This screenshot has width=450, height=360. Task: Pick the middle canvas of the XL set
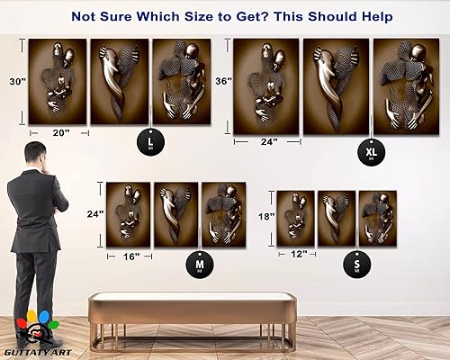[x=336, y=86]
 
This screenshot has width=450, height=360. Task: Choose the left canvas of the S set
[x=295, y=218]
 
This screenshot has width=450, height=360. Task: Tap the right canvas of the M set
[x=223, y=214]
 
